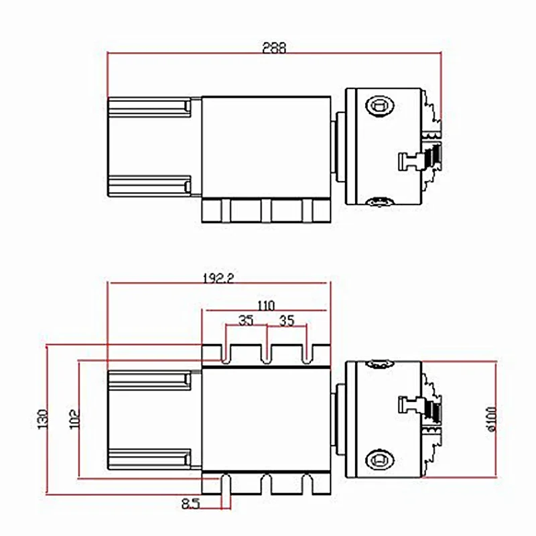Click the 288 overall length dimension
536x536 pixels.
[x=274, y=48]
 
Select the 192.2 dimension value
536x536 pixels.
[x=218, y=279]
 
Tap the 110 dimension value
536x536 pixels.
[x=266, y=306]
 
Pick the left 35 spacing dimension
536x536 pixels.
[x=246, y=321]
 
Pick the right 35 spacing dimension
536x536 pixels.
[x=287, y=321]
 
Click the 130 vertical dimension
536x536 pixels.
[x=43, y=419]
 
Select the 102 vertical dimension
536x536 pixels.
[x=74, y=419]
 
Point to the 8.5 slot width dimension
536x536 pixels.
[x=190, y=504]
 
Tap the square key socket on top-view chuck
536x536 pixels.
[x=380, y=105]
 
